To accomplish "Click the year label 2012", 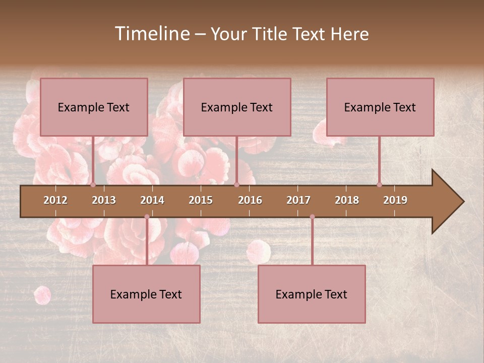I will pos(55,200).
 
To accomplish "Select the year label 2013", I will pos(104,200).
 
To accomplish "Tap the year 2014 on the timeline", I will pos(152,200).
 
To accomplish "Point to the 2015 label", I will pos(201,200).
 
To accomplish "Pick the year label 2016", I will pos(250,200).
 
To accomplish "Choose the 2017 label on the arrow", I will pos(298,200).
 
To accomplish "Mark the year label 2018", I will pos(347,200).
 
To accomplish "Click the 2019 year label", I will pos(395,200).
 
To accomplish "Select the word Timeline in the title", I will pos(151,34).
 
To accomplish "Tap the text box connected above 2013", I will pos(94,107).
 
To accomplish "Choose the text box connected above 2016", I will pos(237,107).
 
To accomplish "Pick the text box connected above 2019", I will pos(380,107).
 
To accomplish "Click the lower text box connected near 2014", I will pos(146,294).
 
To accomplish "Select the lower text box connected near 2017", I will pos(312,294).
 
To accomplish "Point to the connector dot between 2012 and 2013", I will pos(93,185).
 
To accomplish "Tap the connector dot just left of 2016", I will pos(236,185).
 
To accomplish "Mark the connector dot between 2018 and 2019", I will pos(379,185).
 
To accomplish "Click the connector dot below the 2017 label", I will pos(312,217).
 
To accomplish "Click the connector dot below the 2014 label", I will pos(147,217).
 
